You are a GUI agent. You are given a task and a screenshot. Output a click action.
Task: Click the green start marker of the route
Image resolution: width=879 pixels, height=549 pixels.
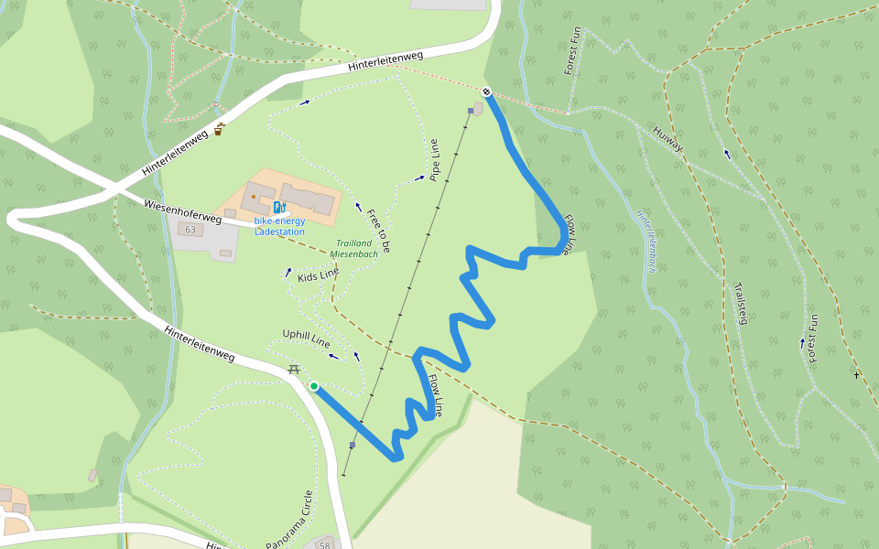[x=314, y=386]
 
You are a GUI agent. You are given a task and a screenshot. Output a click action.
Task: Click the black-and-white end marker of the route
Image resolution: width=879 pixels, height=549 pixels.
[x=486, y=91]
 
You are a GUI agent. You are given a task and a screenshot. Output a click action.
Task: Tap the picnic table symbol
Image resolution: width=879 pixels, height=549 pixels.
[x=294, y=370]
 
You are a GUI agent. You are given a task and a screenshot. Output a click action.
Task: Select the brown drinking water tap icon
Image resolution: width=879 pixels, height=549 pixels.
[x=220, y=129]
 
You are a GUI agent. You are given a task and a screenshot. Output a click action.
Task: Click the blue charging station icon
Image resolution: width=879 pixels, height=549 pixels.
[x=278, y=208]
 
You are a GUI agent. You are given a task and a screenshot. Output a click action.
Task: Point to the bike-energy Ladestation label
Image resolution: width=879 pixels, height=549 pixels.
[x=279, y=226]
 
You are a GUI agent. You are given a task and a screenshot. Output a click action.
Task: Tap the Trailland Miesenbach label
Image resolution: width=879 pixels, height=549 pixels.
[x=353, y=248]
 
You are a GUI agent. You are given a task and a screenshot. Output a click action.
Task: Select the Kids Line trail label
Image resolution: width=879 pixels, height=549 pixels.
[x=318, y=274]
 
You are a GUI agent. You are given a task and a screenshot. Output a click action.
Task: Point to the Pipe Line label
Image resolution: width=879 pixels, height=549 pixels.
[x=435, y=160]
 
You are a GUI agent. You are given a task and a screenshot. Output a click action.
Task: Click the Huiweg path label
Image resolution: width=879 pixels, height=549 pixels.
[x=668, y=140]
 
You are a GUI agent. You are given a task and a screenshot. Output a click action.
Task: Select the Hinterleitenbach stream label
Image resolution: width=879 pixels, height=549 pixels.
[x=646, y=239]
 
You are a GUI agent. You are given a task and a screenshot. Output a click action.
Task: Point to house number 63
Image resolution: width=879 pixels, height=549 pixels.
[x=190, y=230]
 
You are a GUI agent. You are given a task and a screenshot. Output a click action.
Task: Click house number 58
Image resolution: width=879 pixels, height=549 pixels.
[x=324, y=545]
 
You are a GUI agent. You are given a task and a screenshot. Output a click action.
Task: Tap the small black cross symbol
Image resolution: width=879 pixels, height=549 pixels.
[x=857, y=375]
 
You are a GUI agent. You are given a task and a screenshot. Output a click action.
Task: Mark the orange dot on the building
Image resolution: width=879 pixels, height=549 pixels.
[x=254, y=196]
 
